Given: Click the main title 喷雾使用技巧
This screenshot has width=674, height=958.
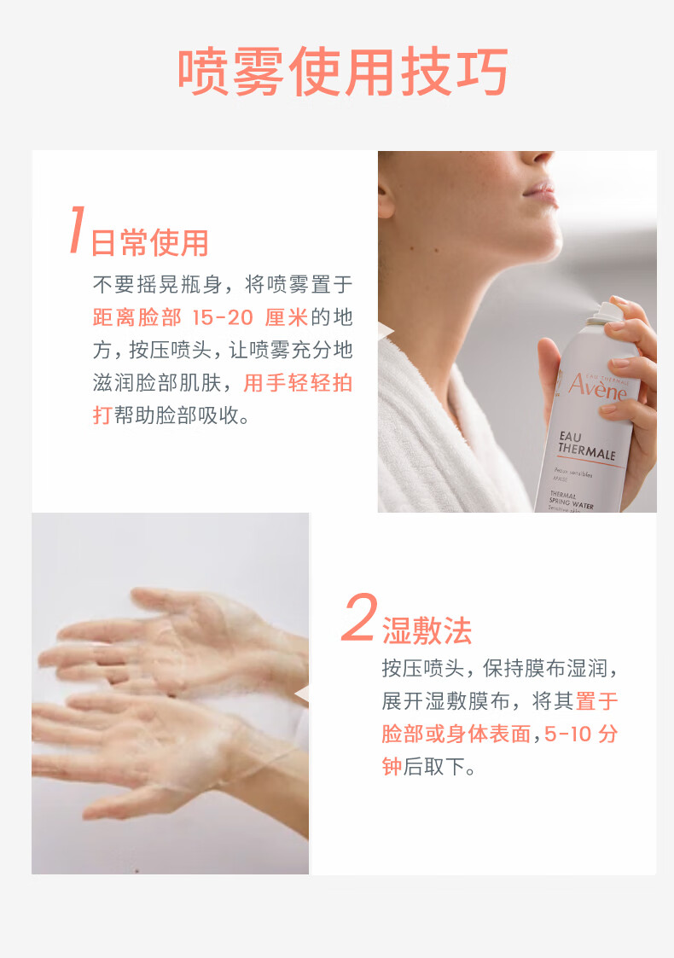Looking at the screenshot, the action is click(x=343, y=72).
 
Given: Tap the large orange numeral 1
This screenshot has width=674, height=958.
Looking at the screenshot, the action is click(x=77, y=229).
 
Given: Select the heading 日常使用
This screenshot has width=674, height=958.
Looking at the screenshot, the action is click(x=150, y=242).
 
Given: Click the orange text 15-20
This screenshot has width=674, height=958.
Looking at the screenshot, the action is click(x=223, y=317).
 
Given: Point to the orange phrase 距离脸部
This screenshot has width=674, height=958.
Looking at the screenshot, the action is click(x=137, y=317).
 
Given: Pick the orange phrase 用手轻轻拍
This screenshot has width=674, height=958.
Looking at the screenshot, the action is click(x=299, y=383).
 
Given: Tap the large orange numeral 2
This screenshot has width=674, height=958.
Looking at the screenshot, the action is click(x=358, y=617).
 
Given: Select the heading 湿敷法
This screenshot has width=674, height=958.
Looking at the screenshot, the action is click(x=427, y=630).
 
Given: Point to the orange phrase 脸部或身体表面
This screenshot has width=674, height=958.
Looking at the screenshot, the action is click(x=456, y=734).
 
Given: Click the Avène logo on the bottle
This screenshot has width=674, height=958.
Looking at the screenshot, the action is click(x=597, y=386).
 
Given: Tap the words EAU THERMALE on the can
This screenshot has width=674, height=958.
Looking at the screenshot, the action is click(x=586, y=445).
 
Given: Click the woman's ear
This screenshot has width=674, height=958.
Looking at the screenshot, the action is click(x=385, y=197).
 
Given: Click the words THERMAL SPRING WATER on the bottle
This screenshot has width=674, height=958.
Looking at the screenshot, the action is click(x=571, y=501).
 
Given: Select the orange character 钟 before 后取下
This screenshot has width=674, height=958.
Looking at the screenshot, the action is click(x=392, y=766).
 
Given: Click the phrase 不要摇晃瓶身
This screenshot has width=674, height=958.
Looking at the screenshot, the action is click(x=157, y=285).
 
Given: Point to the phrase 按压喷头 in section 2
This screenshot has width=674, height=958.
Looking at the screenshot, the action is click(x=423, y=669).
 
